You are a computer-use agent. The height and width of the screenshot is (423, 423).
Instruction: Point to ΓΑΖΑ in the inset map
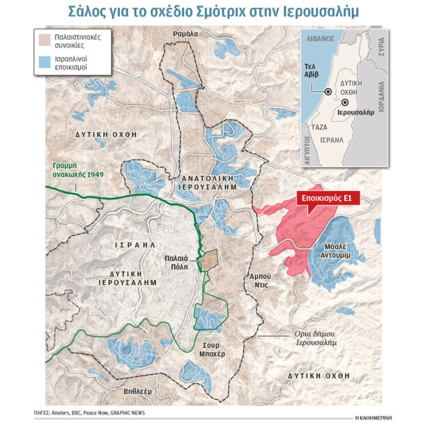point(319,128)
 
